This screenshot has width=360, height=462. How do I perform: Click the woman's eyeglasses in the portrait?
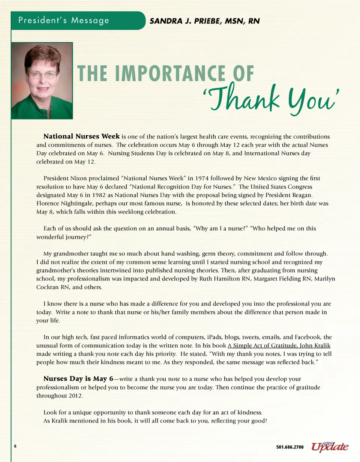[x=42, y=75]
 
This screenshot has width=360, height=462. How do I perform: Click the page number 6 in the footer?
[x=15, y=446]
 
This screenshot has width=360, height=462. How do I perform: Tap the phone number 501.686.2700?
[x=290, y=447]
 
